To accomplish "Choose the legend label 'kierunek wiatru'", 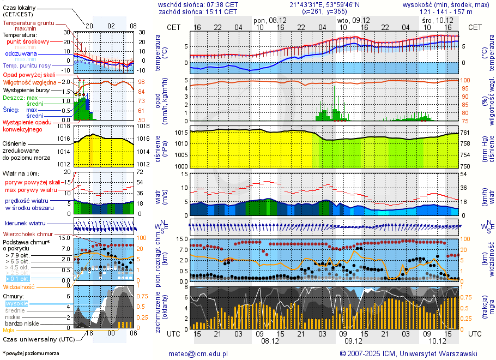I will (x=25, y=224).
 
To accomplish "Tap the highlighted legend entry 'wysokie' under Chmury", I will (x=16, y=303).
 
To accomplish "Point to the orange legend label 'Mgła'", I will (x=9, y=330).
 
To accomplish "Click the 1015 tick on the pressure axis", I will (x=182, y=133).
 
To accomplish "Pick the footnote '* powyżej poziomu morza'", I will (x=31, y=353).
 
